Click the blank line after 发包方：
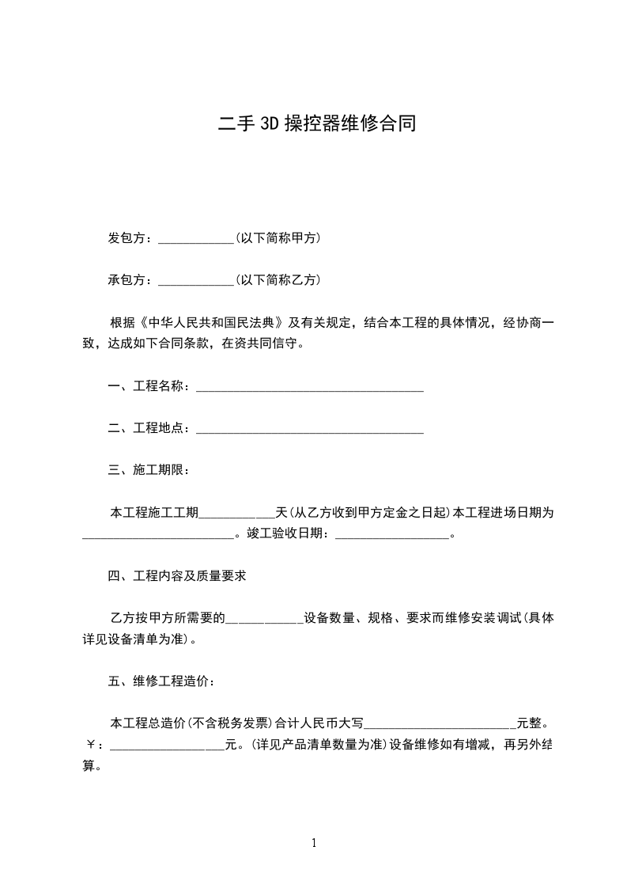(x=196, y=239)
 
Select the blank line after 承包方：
(x=196, y=281)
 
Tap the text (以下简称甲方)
(x=278, y=238)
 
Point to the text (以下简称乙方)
(x=278, y=280)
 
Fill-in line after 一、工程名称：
(x=309, y=388)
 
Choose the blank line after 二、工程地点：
(x=309, y=430)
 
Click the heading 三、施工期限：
(x=148, y=471)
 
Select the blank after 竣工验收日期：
(x=392, y=535)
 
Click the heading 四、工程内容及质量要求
(x=176, y=576)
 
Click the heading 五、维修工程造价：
(x=161, y=681)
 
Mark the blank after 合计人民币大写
(x=440, y=724)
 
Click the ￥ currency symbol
(x=89, y=746)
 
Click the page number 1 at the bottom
(x=314, y=843)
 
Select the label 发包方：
(x=132, y=238)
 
